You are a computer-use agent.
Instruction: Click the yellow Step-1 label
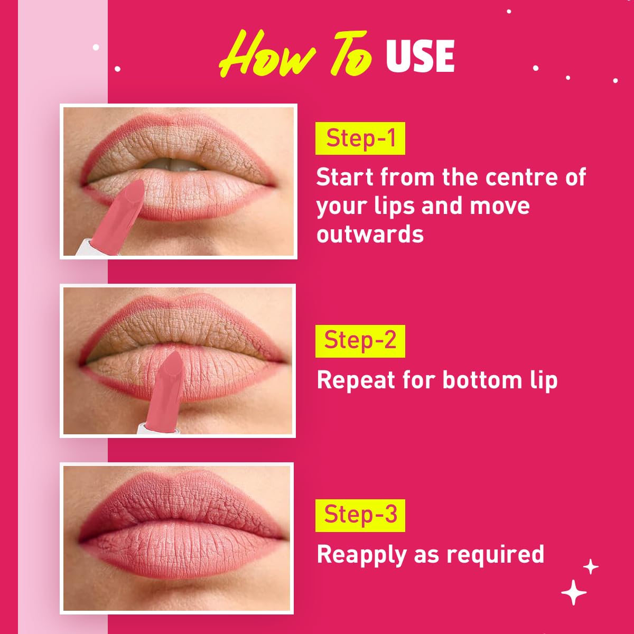pyautogui.click(x=360, y=138)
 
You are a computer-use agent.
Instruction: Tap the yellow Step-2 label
pyautogui.click(x=360, y=341)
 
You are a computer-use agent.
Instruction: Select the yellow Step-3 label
pyautogui.click(x=360, y=515)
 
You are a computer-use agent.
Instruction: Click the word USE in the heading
pyautogui.click(x=420, y=57)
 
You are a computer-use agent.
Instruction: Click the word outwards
pyautogui.click(x=370, y=234)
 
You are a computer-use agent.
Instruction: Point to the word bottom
pyautogui.click(x=482, y=380)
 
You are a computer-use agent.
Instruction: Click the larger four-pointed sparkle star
pyautogui.click(x=574, y=593)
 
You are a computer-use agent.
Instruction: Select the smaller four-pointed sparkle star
pyautogui.click(x=591, y=566)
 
